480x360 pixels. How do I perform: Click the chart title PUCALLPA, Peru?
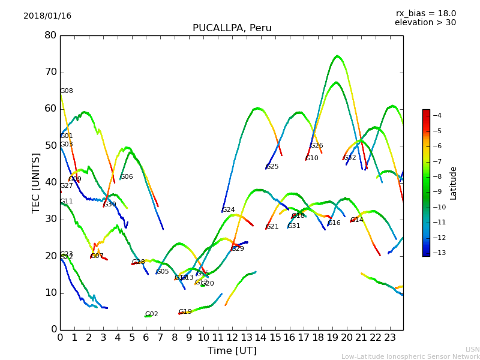click(232, 28)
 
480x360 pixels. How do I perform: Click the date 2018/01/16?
click(47, 16)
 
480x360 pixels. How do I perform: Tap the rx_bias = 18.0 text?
click(425, 13)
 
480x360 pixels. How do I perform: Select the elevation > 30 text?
click(425, 23)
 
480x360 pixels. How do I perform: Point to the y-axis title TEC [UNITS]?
click(36, 182)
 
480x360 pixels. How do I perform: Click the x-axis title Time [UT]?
click(232, 350)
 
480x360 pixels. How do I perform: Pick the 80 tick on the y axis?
click(50, 35)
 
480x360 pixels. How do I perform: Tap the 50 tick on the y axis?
click(50, 146)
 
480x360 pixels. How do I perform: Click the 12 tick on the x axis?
click(232, 337)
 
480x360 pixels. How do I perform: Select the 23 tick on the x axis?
click(390, 337)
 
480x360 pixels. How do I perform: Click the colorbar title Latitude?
click(454, 183)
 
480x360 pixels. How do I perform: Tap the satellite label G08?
click(67, 91)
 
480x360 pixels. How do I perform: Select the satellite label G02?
click(151, 314)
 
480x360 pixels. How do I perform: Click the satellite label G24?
click(229, 210)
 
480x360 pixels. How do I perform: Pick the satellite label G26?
click(317, 146)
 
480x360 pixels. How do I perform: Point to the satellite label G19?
click(185, 312)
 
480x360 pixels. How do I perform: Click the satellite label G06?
click(127, 177)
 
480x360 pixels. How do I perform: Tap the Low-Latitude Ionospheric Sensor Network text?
click(410, 356)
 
